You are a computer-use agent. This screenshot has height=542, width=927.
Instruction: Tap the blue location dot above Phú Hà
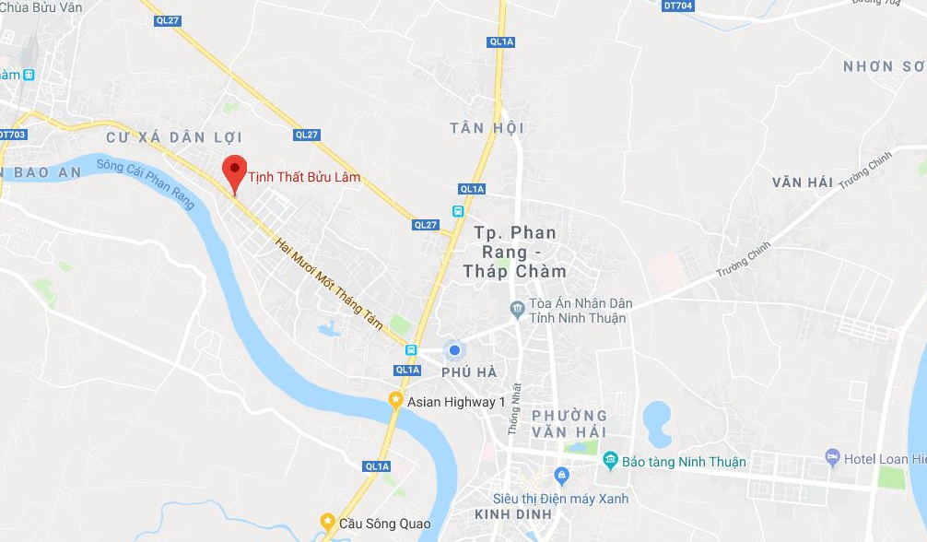[453, 350]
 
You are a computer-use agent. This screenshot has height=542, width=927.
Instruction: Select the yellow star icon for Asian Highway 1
[395, 400]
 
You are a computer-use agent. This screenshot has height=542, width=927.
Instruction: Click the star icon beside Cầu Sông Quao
[327, 522]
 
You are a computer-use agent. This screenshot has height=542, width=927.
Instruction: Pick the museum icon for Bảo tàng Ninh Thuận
[609, 460]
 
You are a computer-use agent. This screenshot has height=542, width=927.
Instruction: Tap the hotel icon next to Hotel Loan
[833, 457]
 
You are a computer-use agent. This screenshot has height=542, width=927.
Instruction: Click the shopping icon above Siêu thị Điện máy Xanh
[562, 476]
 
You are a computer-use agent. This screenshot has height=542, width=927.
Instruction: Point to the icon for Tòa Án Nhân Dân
[518, 307]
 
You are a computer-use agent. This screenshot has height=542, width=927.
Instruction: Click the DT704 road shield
[677, 6]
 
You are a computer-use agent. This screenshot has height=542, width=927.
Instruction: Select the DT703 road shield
[12, 135]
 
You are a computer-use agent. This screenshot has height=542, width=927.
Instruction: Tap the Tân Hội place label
[487, 128]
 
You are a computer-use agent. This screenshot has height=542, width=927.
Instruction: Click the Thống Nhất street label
[515, 408]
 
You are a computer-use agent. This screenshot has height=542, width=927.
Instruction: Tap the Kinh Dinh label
[513, 514]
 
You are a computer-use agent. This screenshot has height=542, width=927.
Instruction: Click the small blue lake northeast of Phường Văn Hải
[656, 423]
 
